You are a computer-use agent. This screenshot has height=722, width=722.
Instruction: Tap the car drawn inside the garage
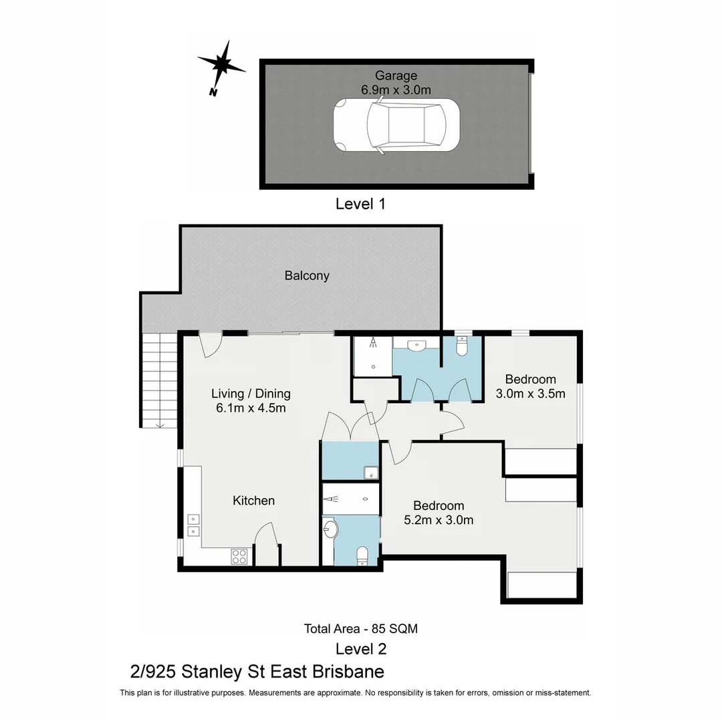[x=396, y=126]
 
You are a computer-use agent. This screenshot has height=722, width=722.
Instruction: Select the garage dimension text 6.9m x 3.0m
[x=396, y=90]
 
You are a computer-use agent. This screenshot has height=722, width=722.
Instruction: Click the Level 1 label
[x=360, y=204]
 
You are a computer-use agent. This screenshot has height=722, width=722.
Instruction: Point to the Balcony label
[x=307, y=275]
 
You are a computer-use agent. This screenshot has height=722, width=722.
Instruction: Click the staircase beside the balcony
[x=159, y=380]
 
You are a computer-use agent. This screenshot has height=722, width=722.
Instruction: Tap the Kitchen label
[x=253, y=501]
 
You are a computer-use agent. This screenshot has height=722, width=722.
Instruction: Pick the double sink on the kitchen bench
[x=193, y=525]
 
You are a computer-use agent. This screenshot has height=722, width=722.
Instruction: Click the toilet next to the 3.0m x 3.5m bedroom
[x=462, y=346]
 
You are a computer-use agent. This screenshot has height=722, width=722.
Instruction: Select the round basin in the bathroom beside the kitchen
[x=331, y=530]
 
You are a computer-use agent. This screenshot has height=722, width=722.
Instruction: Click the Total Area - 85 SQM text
[x=360, y=628]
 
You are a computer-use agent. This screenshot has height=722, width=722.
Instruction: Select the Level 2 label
[x=360, y=648]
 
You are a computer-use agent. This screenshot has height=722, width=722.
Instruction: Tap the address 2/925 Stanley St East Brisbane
[x=257, y=671]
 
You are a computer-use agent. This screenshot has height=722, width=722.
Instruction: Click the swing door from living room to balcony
[x=211, y=344]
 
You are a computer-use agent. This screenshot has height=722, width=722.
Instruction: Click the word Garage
[x=396, y=76]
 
